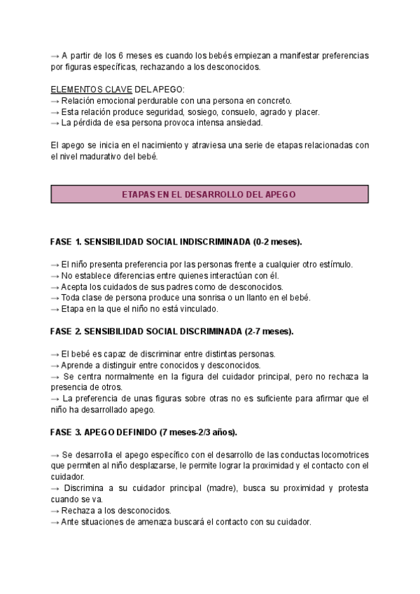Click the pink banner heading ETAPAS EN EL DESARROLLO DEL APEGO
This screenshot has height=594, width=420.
click(x=209, y=193)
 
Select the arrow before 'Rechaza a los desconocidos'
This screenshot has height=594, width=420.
click(x=55, y=511)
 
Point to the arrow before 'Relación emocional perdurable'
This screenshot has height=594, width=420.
click(x=55, y=100)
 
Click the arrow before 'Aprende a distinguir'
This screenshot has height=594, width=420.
click(x=55, y=364)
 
